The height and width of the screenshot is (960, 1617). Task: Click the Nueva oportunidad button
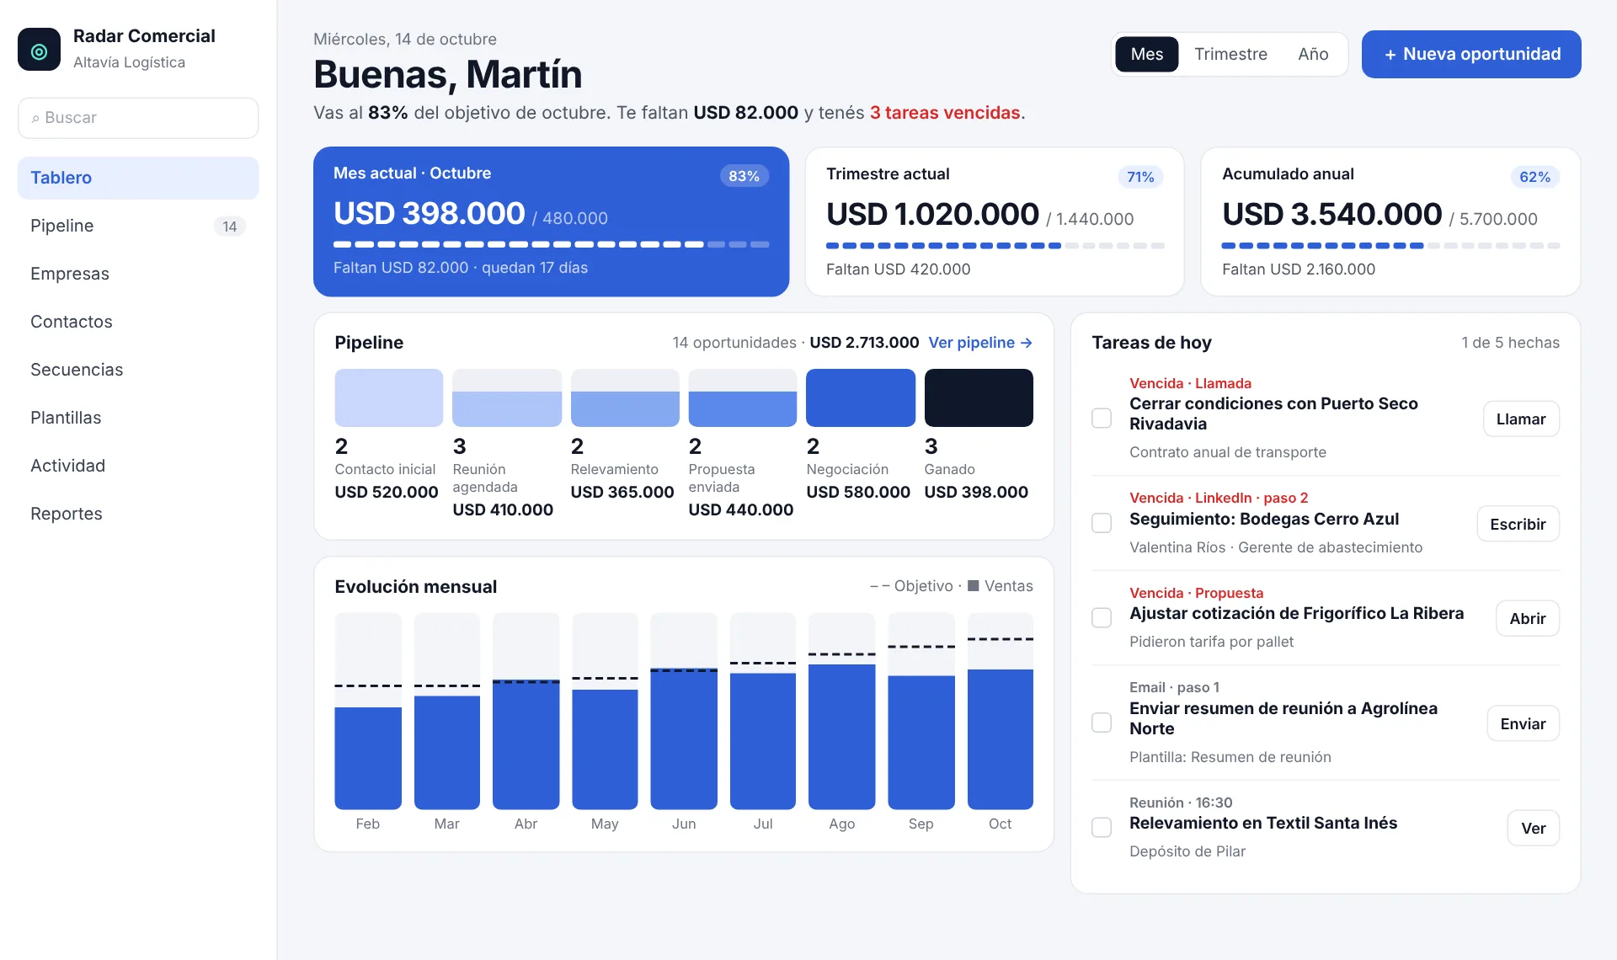1471,54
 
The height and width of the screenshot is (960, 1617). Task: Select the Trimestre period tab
1230,54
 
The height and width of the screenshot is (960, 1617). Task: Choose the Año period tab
1313,54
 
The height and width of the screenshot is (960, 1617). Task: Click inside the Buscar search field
138,118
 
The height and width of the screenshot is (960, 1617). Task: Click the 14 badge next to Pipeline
230,227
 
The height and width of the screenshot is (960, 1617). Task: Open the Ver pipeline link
980,343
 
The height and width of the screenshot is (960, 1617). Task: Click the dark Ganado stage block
979,397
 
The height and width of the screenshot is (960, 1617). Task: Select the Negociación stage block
861,397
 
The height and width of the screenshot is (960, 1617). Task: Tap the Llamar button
1521,419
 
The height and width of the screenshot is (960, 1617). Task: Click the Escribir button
1518,524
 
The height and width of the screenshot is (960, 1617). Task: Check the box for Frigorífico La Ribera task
1102,617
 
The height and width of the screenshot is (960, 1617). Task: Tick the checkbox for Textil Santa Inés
1102,827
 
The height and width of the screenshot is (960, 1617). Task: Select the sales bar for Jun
684,739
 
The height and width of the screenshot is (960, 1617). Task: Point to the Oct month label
1001,824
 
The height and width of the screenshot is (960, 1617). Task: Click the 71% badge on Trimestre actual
1140,177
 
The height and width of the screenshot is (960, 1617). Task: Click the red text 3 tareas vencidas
945,113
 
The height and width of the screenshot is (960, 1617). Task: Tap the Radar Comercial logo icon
39,50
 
